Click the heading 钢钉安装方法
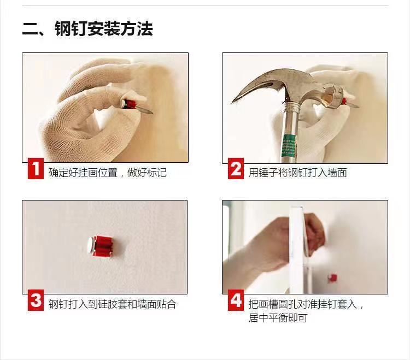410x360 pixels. [104, 28]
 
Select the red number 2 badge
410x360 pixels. [236, 168]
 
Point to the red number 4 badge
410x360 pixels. [236, 300]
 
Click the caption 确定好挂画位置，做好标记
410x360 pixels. [108, 173]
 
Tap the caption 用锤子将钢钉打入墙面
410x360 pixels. [297, 173]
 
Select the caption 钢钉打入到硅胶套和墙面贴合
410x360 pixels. [113, 304]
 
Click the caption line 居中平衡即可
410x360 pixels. [278, 318]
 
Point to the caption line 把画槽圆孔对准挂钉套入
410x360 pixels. [303, 304]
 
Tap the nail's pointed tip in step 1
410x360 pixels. [152, 113]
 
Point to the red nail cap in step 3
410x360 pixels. [101, 246]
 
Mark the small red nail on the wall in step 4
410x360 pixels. [332, 278]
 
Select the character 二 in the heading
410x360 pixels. [31, 29]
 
